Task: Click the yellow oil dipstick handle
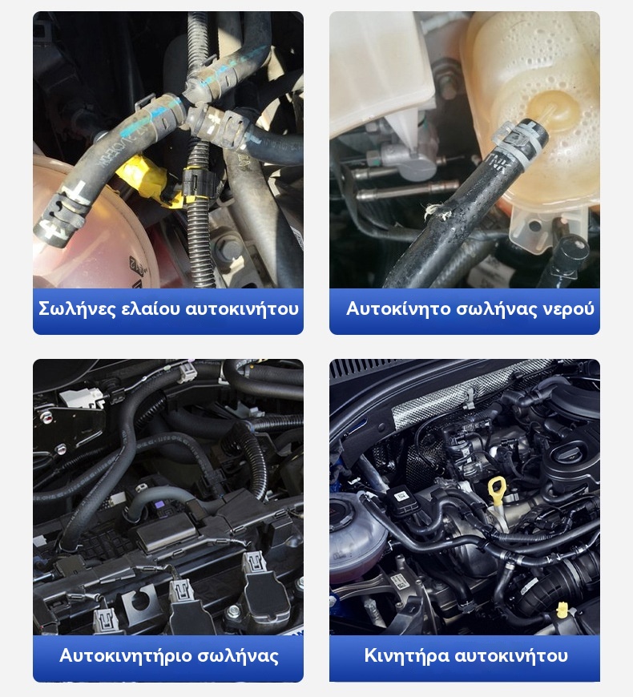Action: pos(497,488)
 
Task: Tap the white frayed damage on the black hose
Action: pos(436,212)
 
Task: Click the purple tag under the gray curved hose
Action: pos(157,506)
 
